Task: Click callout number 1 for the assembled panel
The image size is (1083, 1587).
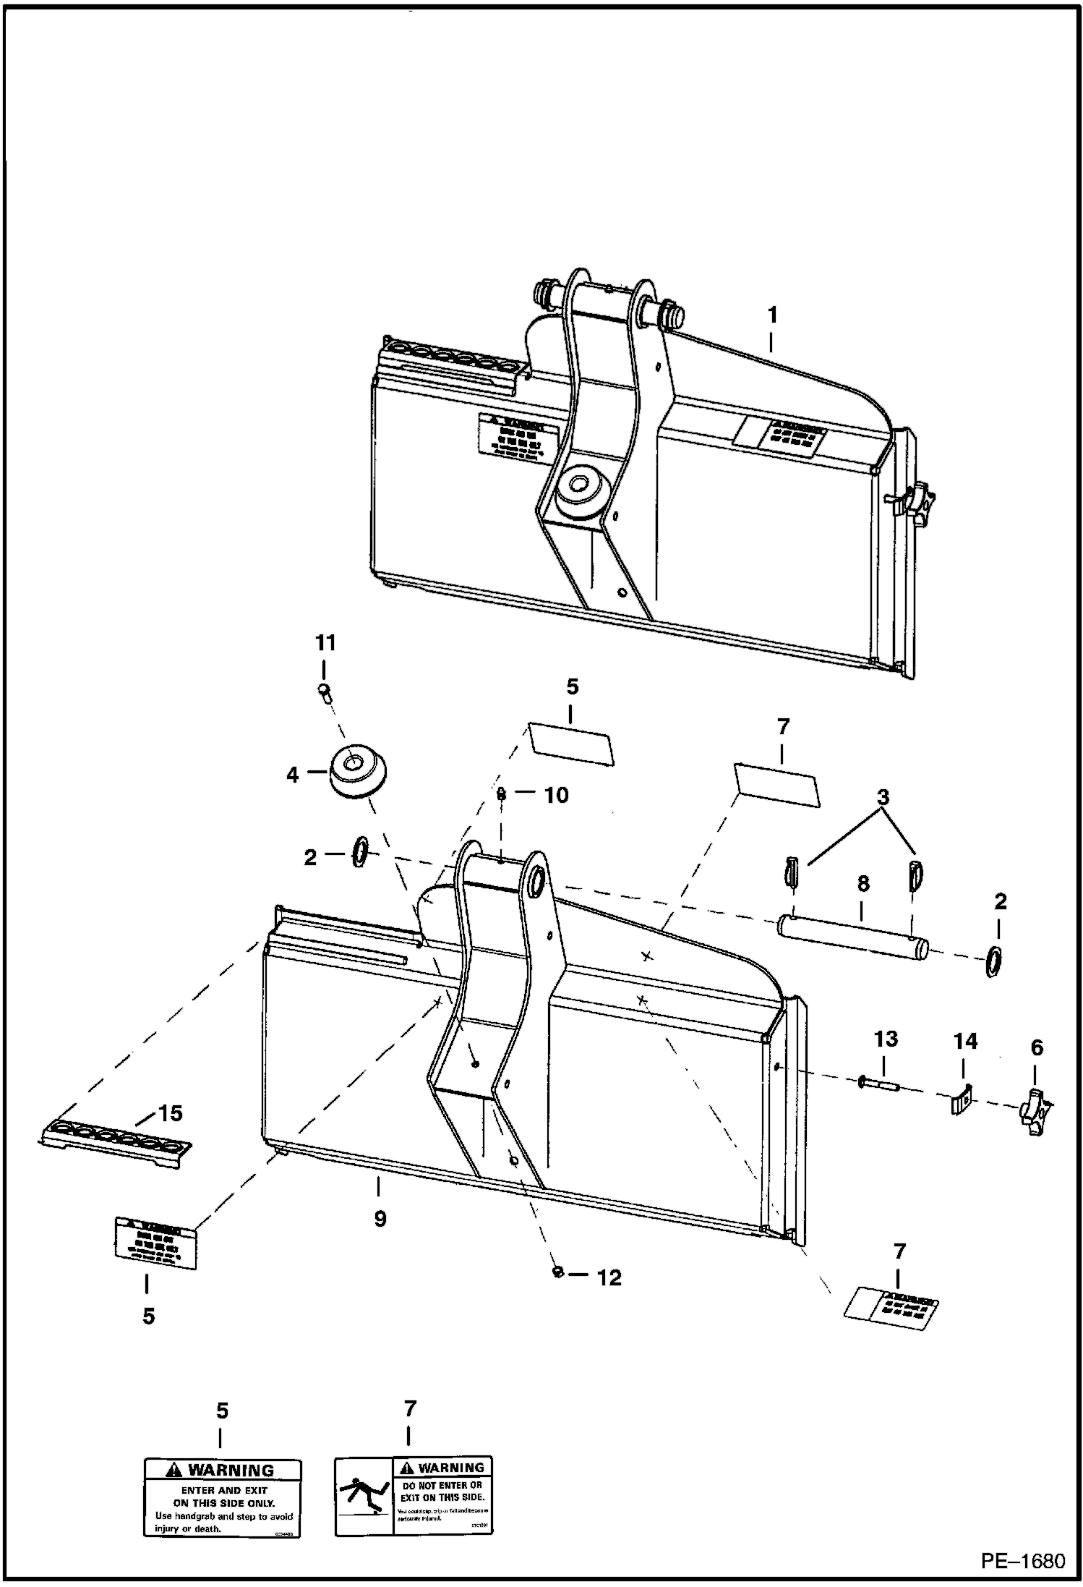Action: click(772, 315)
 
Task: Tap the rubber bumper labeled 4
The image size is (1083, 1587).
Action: click(358, 770)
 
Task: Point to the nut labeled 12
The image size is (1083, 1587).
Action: click(557, 1272)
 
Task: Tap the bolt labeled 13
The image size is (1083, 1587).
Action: click(879, 1084)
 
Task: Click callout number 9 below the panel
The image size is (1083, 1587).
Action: click(380, 1218)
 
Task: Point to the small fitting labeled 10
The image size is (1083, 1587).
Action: click(500, 793)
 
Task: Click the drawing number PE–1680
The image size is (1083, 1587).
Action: click(1022, 1561)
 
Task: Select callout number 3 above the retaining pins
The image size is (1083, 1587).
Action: click(883, 798)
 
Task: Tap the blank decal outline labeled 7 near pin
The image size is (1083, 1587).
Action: click(776, 783)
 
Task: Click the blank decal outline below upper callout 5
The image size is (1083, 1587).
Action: click(571, 743)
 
